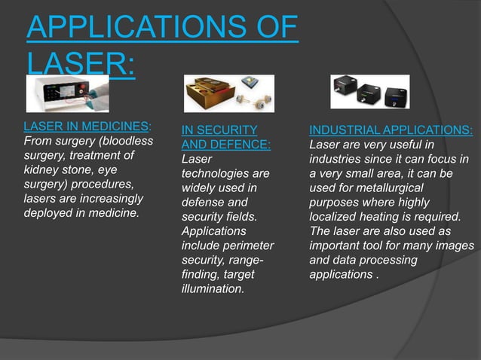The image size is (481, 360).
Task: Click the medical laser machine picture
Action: [67, 93]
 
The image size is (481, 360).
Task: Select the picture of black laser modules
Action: [369, 92]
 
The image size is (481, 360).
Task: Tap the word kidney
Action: [43, 171]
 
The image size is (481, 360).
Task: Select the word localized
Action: [329, 217]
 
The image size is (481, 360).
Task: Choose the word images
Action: [455, 246]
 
